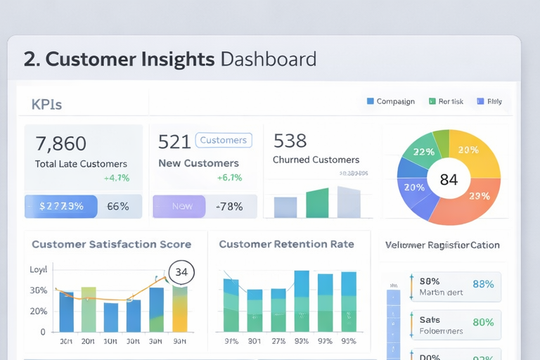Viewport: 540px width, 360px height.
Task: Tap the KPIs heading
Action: (46, 105)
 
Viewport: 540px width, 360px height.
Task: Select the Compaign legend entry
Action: (395, 101)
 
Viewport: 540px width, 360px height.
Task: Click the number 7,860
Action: (60, 143)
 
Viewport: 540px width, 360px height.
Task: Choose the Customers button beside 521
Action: (223, 140)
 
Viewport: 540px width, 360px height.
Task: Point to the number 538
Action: (290, 141)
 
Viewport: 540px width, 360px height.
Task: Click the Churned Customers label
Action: (316, 160)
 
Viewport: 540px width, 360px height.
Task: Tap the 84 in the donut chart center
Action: (449, 179)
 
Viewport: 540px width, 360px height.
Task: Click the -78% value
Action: (229, 207)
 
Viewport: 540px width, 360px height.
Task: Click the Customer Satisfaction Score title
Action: (111, 245)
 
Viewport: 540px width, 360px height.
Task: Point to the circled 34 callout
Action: (181, 271)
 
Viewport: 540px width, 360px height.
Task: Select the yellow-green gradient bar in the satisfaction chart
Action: (180, 309)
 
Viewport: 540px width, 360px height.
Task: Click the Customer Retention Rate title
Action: (286, 245)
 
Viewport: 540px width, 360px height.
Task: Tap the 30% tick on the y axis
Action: (39, 290)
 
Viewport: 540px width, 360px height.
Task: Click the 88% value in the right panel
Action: (483, 284)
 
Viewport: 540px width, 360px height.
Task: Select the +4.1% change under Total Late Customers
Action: (116, 178)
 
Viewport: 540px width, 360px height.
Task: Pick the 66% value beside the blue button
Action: (117, 207)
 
